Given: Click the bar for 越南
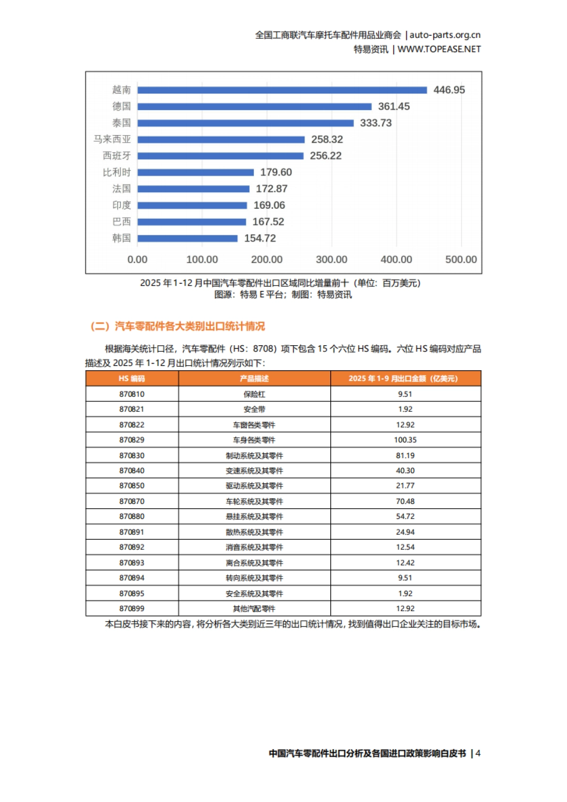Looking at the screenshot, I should [x=282, y=90].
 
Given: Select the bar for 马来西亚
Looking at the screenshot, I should [x=221, y=139].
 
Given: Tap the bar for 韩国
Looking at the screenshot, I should [x=188, y=238].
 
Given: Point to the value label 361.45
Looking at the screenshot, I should [x=394, y=107].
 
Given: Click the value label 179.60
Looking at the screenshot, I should [x=276, y=172].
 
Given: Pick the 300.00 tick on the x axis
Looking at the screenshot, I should [x=331, y=259].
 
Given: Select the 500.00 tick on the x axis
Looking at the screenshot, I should [x=461, y=259].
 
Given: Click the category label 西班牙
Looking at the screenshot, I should [x=117, y=156].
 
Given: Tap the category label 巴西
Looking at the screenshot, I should [x=121, y=222].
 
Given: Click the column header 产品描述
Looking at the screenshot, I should [x=254, y=378].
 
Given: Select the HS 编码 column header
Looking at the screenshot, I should [x=132, y=378].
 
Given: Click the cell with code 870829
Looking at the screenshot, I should [x=132, y=440].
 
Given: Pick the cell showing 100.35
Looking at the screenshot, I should [x=405, y=440].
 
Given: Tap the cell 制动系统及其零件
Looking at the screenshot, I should [x=254, y=455].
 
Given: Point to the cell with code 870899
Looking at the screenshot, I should [x=132, y=608].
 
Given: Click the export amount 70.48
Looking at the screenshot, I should [x=405, y=501].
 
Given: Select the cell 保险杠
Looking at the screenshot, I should [x=254, y=394].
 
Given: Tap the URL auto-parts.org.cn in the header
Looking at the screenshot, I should [x=445, y=35].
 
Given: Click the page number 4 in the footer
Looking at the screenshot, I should [x=478, y=753].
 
